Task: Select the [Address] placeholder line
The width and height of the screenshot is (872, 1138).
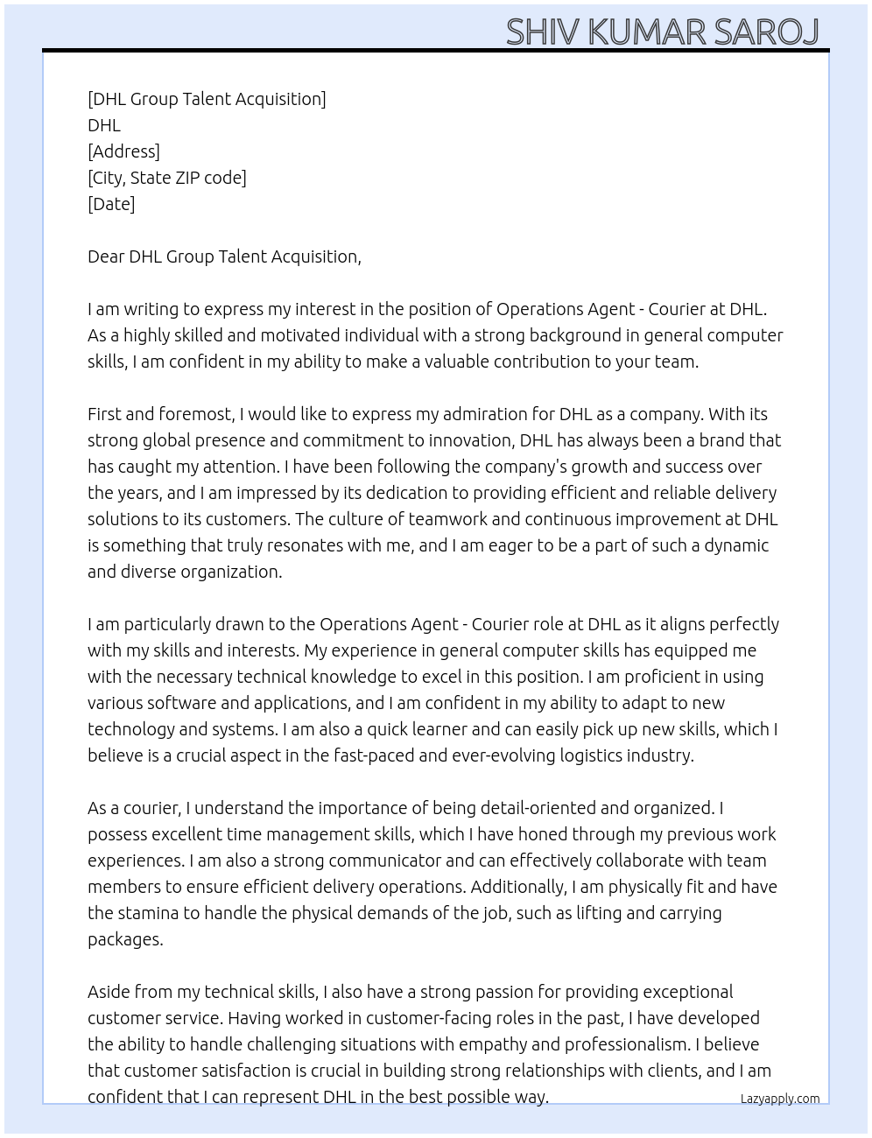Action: pos(123,151)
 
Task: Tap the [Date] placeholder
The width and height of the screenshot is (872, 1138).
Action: pos(111,204)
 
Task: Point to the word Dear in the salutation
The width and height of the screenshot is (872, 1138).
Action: pos(105,256)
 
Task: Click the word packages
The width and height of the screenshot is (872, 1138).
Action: pos(124,940)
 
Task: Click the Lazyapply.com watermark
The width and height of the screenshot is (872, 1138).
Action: pos(780,1099)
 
